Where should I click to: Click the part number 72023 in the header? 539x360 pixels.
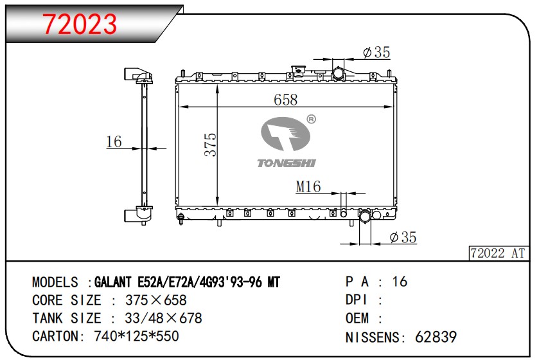pyautogui.click(x=80, y=24)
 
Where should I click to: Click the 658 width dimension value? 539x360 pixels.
pyautogui.click(x=285, y=99)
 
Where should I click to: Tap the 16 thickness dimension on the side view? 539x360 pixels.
pyautogui.click(x=114, y=141)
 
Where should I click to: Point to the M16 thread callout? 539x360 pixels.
pyautogui.click(x=308, y=186)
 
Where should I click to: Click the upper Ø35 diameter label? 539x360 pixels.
pyautogui.click(x=376, y=53)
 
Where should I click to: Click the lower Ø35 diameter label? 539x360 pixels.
pyautogui.click(x=403, y=238)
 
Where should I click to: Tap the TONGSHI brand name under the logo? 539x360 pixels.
pyautogui.click(x=287, y=163)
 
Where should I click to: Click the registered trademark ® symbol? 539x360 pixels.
pyautogui.click(x=311, y=119)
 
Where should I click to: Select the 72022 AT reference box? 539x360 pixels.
pyautogui.click(x=498, y=253)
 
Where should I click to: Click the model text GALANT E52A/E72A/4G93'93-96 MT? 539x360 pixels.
pyautogui.click(x=187, y=282)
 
